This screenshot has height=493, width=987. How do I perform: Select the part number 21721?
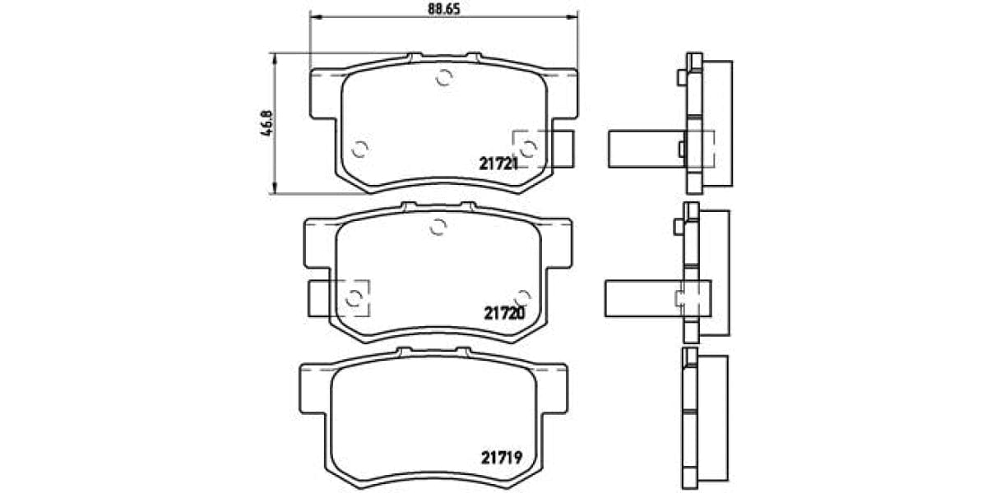tap(498, 164)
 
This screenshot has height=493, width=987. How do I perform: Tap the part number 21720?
tap(503, 312)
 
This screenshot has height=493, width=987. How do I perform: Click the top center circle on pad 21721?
tap(443, 79)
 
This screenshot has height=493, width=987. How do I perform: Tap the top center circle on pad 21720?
tap(438, 228)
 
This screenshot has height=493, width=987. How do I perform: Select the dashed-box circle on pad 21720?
tap(354, 298)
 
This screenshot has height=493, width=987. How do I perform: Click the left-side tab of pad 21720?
tap(321, 298)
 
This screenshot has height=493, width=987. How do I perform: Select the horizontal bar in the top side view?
tap(646, 150)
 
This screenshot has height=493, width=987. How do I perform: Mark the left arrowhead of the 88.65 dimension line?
tap(313, 16)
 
